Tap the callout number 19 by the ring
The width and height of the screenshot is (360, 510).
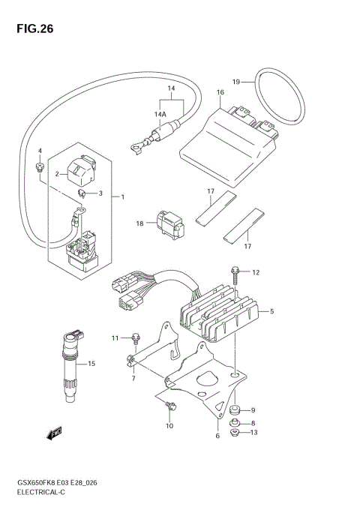click(x=235, y=81)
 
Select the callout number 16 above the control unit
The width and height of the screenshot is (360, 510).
click(x=220, y=94)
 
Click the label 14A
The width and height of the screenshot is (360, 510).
click(x=160, y=115)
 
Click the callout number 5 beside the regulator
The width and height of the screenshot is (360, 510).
click(x=272, y=310)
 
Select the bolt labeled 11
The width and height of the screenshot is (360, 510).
click(x=135, y=338)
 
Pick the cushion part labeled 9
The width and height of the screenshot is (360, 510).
click(x=235, y=409)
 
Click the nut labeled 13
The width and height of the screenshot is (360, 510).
click(x=234, y=432)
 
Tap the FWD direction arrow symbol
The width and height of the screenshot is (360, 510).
click(x=55, y=433)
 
